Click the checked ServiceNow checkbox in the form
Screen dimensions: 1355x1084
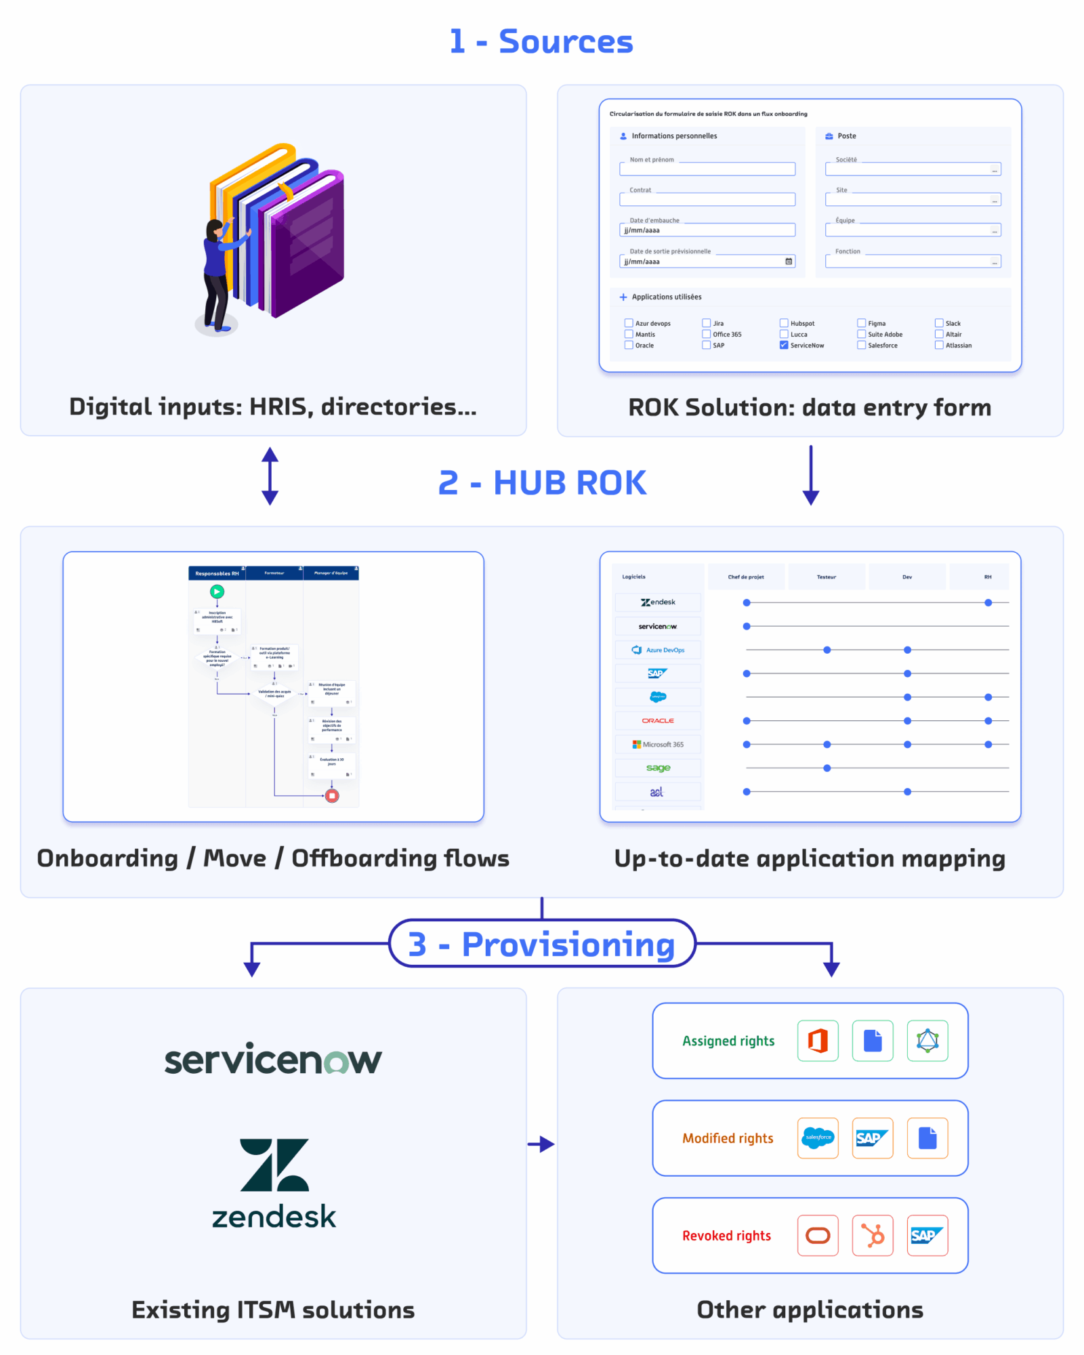pos(784,345)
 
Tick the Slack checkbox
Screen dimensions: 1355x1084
pos(939,323)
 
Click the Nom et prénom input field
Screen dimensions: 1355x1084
pos(707,169)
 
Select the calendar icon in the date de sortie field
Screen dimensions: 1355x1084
pos(789,262)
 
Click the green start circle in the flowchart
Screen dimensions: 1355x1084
pos(217,591)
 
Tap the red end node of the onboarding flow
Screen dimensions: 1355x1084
pos(332,795)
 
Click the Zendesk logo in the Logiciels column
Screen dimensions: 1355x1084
pos(658,602)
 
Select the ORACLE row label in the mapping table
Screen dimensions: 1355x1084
pos(658,720)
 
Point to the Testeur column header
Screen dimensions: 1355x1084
pos(826,577)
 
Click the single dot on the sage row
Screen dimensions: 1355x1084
pos(827,768)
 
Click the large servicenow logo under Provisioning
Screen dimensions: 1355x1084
pos(273,1060)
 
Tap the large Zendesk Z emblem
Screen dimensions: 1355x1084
pos(274,1165)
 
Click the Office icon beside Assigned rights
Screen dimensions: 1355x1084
pos(818,1041)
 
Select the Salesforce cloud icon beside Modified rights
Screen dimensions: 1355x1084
pos(818,1138)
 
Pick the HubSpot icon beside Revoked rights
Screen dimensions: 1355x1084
pos(873,1235)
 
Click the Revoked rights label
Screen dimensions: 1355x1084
pos(726,1236)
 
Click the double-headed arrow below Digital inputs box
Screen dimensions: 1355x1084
pos(270,476)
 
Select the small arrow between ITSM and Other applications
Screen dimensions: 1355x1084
pos(541,1144)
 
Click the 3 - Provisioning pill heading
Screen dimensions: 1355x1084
pos(542,944)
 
